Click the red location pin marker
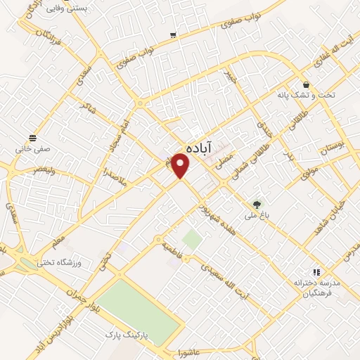[181, 166]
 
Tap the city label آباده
[200, 148]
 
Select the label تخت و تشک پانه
[316, 94]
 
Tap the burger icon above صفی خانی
[32, 137]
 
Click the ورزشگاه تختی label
[79, 262]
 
